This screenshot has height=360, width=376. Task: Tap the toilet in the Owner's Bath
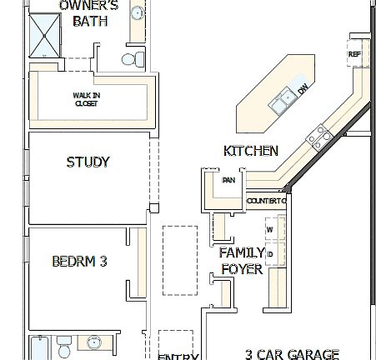[x=128, y=59]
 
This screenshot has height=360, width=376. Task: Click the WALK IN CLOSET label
[x=86, y=99]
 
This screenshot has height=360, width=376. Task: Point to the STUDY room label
[x=88, y=162]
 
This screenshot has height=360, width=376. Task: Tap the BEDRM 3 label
[x=79, y=261]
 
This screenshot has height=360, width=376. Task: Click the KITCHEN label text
[x=250, y=151]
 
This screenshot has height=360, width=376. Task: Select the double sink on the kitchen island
[x=283, y=98]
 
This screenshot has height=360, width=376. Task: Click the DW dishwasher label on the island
[x=303, y=89]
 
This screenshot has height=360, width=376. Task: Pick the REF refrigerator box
[x=353, y=54]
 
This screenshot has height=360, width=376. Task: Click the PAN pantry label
[x=227, y=179]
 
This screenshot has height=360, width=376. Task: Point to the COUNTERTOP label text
[x=266, y=201]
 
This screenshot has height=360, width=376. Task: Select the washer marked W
[x=269, y=228]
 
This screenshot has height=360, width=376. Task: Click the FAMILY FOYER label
[x=242, y=260]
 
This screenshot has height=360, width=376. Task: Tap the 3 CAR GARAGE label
[x=292, y=353]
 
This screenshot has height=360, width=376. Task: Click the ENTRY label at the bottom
[x=178, y=357]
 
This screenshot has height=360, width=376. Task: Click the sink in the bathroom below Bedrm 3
[x=93, y=343]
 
